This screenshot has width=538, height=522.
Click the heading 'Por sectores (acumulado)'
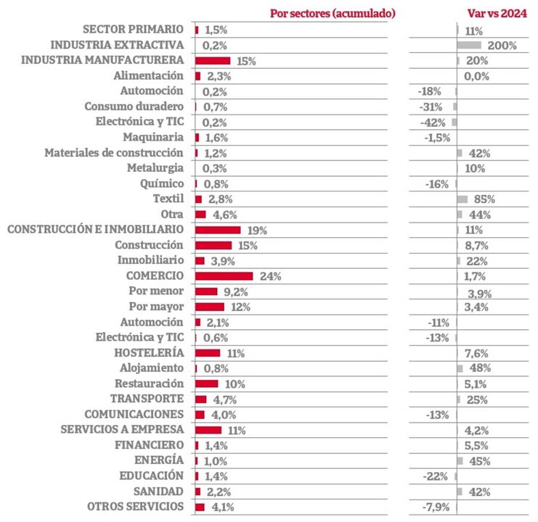click(x=333, y=13)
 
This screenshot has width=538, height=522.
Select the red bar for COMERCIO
click(x=224, y=276)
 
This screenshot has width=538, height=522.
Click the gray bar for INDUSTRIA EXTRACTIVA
click(x=469, y=45)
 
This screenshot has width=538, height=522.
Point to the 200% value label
click(x=502, y=46)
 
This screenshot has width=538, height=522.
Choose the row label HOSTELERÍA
click(x=148, y=353)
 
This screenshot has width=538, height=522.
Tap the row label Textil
click(x=168, y=199)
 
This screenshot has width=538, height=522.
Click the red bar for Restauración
click(x=206, y=384)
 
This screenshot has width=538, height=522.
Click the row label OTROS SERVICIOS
click(x=135, y=507)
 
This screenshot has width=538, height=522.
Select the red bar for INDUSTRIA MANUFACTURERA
click(x=213, y=61)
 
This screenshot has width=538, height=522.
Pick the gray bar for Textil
click(x=462, y=199)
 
